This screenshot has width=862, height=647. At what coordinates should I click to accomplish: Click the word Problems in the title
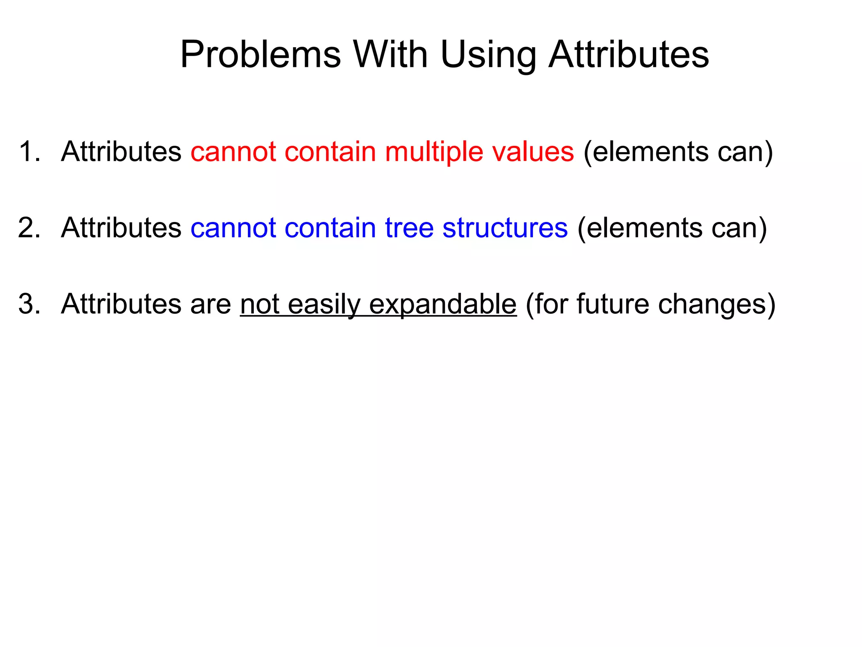260,54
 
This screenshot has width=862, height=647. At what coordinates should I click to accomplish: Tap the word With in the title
391,54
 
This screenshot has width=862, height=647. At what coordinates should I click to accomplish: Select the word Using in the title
488,55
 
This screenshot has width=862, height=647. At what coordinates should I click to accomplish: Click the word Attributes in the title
629,54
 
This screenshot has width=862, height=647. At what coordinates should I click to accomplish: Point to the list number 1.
29,151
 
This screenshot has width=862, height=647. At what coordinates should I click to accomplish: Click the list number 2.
29,228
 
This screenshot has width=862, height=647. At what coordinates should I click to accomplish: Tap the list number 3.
29,304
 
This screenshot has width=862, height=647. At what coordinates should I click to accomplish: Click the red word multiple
434,152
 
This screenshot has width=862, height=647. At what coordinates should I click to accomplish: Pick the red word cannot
233,151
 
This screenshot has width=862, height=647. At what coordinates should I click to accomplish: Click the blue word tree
409,228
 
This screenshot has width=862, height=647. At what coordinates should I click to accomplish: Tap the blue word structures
505,228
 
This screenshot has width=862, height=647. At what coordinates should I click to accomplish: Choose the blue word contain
330,228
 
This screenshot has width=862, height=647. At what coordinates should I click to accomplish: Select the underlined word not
260,304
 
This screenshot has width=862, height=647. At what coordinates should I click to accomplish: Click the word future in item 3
612,304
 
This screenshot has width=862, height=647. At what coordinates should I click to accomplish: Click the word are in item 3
210,304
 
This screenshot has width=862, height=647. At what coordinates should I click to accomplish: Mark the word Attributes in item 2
121,228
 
